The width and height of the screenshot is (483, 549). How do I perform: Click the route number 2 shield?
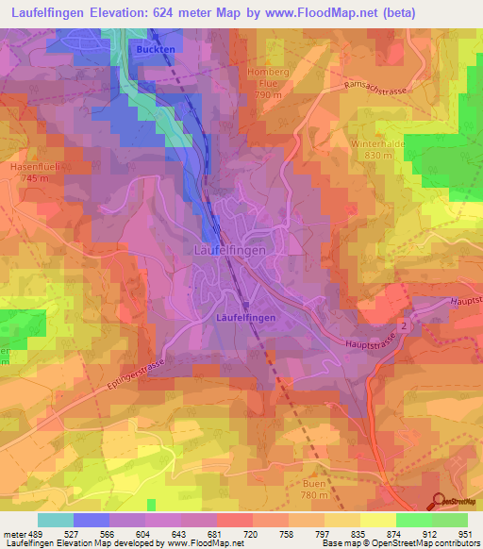[403, 324]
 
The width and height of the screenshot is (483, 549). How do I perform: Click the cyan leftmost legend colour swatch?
[55, 520]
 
